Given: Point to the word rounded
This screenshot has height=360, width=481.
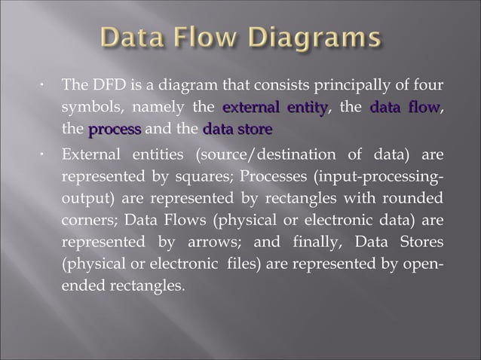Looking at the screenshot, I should pos(415,201).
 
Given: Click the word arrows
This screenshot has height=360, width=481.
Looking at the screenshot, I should pos(229,246).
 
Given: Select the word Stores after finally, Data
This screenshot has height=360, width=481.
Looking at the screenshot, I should pos(420,246).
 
